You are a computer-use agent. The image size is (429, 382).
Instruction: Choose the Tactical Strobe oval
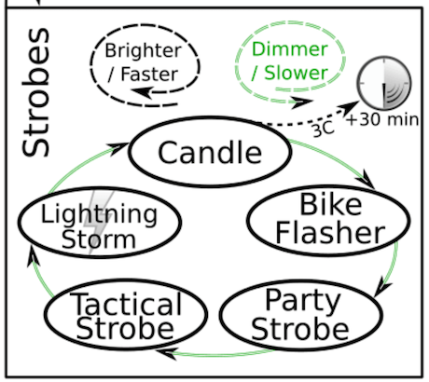click(113, 315)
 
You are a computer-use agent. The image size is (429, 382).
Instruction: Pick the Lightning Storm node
click(86, 225)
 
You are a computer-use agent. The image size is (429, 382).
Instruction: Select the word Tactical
click(113, 304)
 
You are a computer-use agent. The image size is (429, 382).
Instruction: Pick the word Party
click(302, 301)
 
